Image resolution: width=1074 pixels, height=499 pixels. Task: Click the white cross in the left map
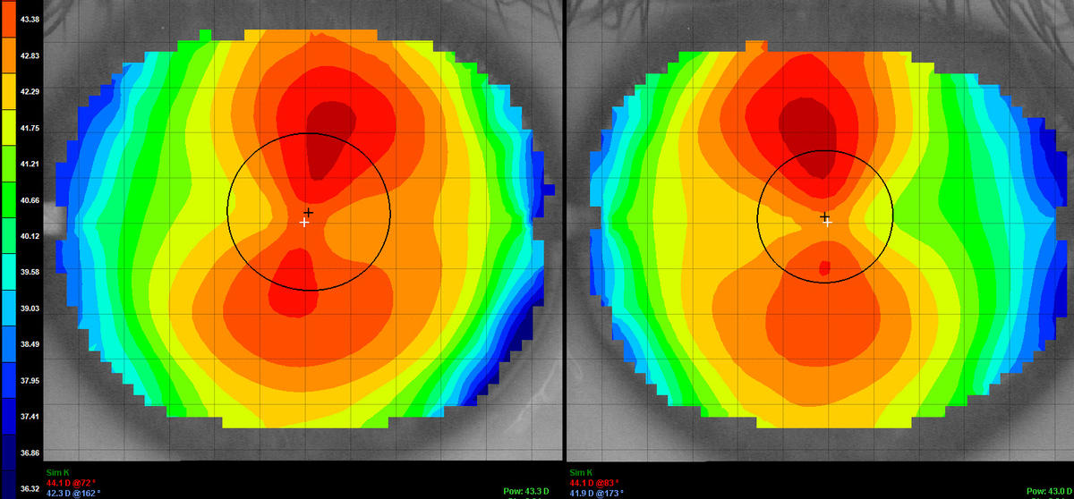(x=304, y=222)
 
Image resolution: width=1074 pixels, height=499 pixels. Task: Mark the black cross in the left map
(x=309, y=212)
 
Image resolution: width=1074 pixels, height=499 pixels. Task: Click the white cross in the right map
(x=828, y=222)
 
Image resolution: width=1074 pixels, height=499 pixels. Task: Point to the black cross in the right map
(x=824, y=216)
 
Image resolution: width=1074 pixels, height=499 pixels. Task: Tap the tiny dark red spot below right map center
(x=825, y=267)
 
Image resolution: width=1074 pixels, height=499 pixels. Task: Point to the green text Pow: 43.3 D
(x=522, y=491)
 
